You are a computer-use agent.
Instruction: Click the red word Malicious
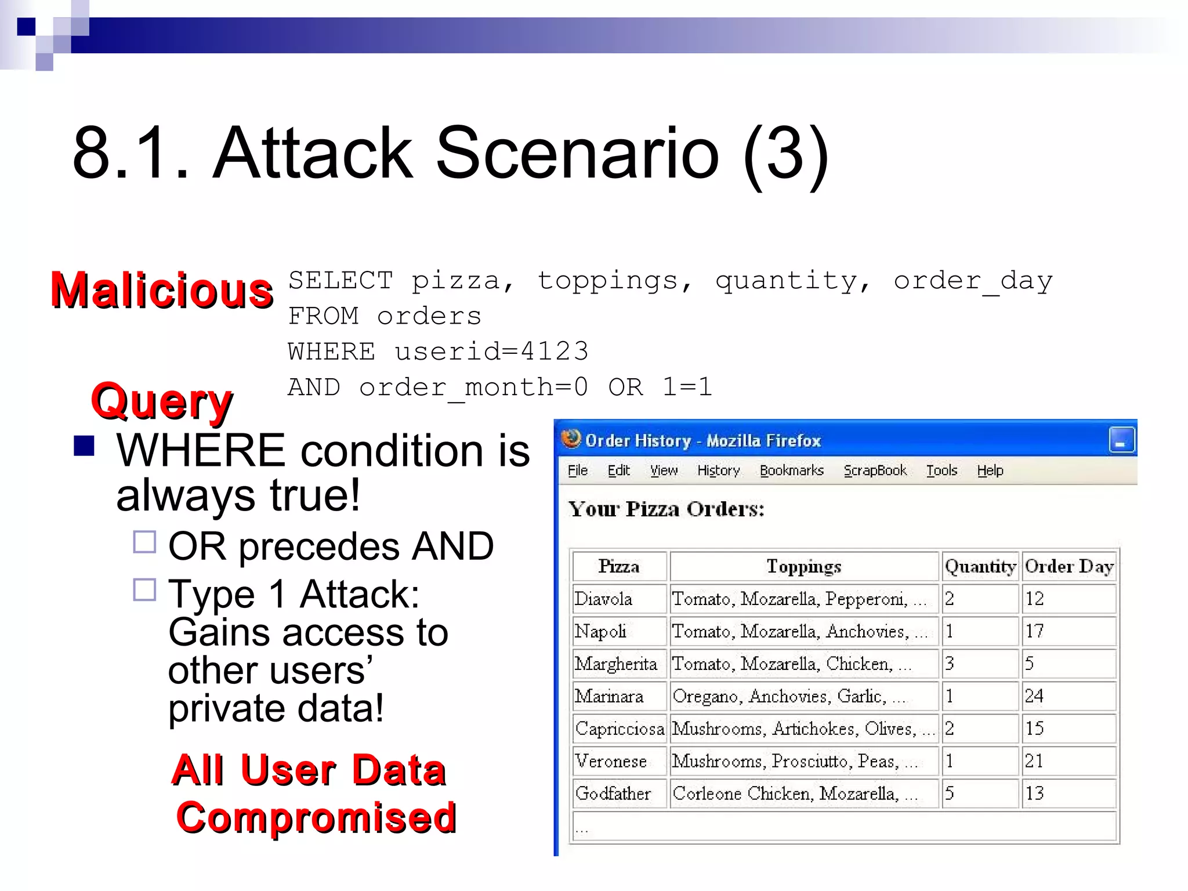[x=161, y=290]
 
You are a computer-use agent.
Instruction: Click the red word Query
[x=161, y=401]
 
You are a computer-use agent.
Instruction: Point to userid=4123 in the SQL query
[x=491, y=352]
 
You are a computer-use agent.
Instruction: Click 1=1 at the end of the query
[x=687, y=387]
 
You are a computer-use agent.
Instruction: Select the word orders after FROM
[x=429, y=316]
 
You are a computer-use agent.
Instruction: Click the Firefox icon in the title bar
[x=571, y=439]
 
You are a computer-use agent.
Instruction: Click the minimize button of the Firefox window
[x=1121, y=440]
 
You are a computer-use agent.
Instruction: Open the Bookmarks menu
[x=791, y=470]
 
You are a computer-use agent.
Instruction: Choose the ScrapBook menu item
[x=875, y=470]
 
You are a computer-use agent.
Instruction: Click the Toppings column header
[x=803, y=566]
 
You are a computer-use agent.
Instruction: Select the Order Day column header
[x=1069, y=566]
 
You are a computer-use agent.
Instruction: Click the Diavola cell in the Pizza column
[x=603, y=599]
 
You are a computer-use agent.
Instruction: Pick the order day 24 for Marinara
[x=1034, y=696]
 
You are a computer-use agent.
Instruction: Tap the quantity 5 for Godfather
[x=950, y=793]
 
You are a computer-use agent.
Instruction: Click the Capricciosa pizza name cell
[x=619, y=729]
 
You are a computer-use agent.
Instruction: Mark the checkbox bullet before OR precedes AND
[x=144, y=542]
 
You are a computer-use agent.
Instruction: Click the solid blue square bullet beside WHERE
[x=84, y=446]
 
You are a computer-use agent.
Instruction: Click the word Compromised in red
[x=316, y=817]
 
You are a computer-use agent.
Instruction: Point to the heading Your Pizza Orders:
[x=666, y=509]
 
